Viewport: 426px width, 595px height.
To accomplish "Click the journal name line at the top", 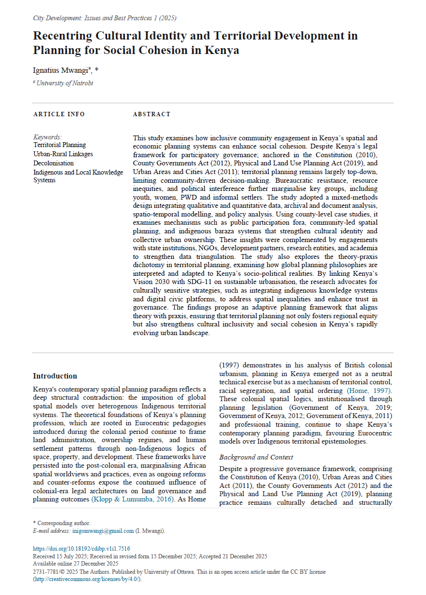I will point(105,18).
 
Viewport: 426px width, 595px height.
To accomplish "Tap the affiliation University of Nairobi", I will point(65,83).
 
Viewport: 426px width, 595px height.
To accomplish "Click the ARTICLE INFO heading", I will point(59,114).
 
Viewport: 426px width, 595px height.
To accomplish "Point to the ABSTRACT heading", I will point(151,114).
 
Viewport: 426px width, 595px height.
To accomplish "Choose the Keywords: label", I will point(47,137).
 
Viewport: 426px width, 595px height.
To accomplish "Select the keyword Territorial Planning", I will point(59,145).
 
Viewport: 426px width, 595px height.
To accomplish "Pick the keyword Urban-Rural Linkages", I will point(63,154).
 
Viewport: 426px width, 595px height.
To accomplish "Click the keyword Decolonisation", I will point(54,163).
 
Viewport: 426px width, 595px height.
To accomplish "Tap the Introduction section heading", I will point(55,376).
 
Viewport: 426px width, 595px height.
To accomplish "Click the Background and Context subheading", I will point(256,457).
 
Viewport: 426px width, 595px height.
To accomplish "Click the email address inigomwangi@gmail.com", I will point(103,531).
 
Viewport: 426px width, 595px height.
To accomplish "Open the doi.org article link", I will point(81,549).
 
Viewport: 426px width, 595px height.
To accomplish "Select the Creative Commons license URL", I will point(87,579).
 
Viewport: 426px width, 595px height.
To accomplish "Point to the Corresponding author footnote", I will point(61,523).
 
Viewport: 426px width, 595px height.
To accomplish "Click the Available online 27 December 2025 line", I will point(76,564).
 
